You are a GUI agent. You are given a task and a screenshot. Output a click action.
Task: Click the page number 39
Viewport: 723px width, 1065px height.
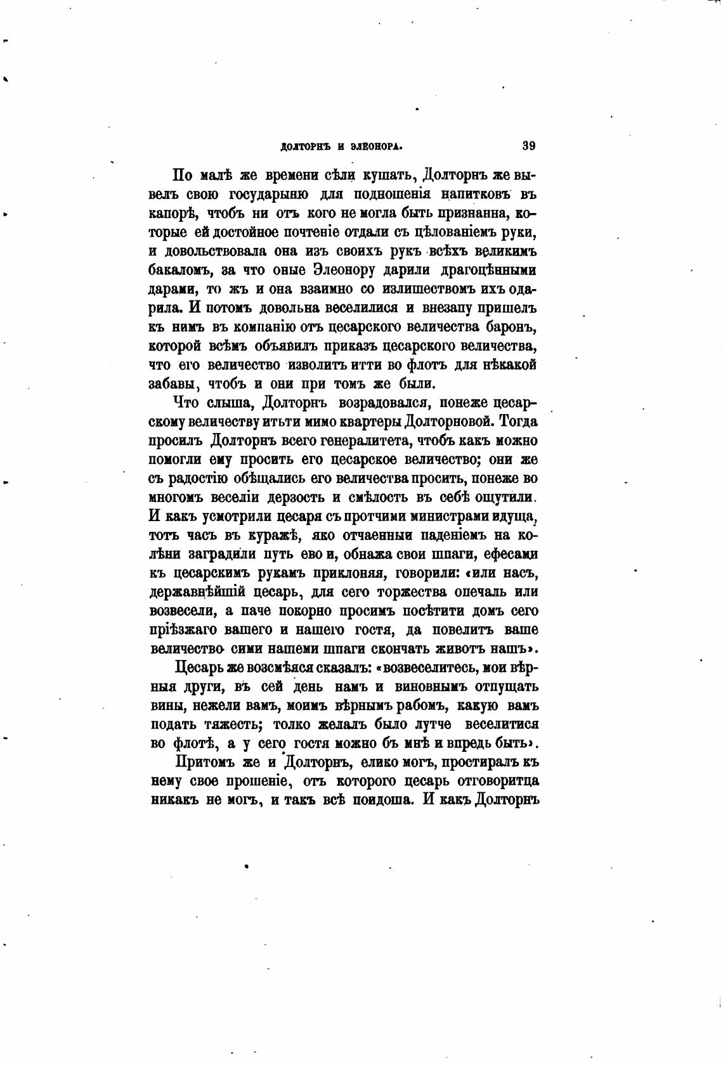tap(529, 145)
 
